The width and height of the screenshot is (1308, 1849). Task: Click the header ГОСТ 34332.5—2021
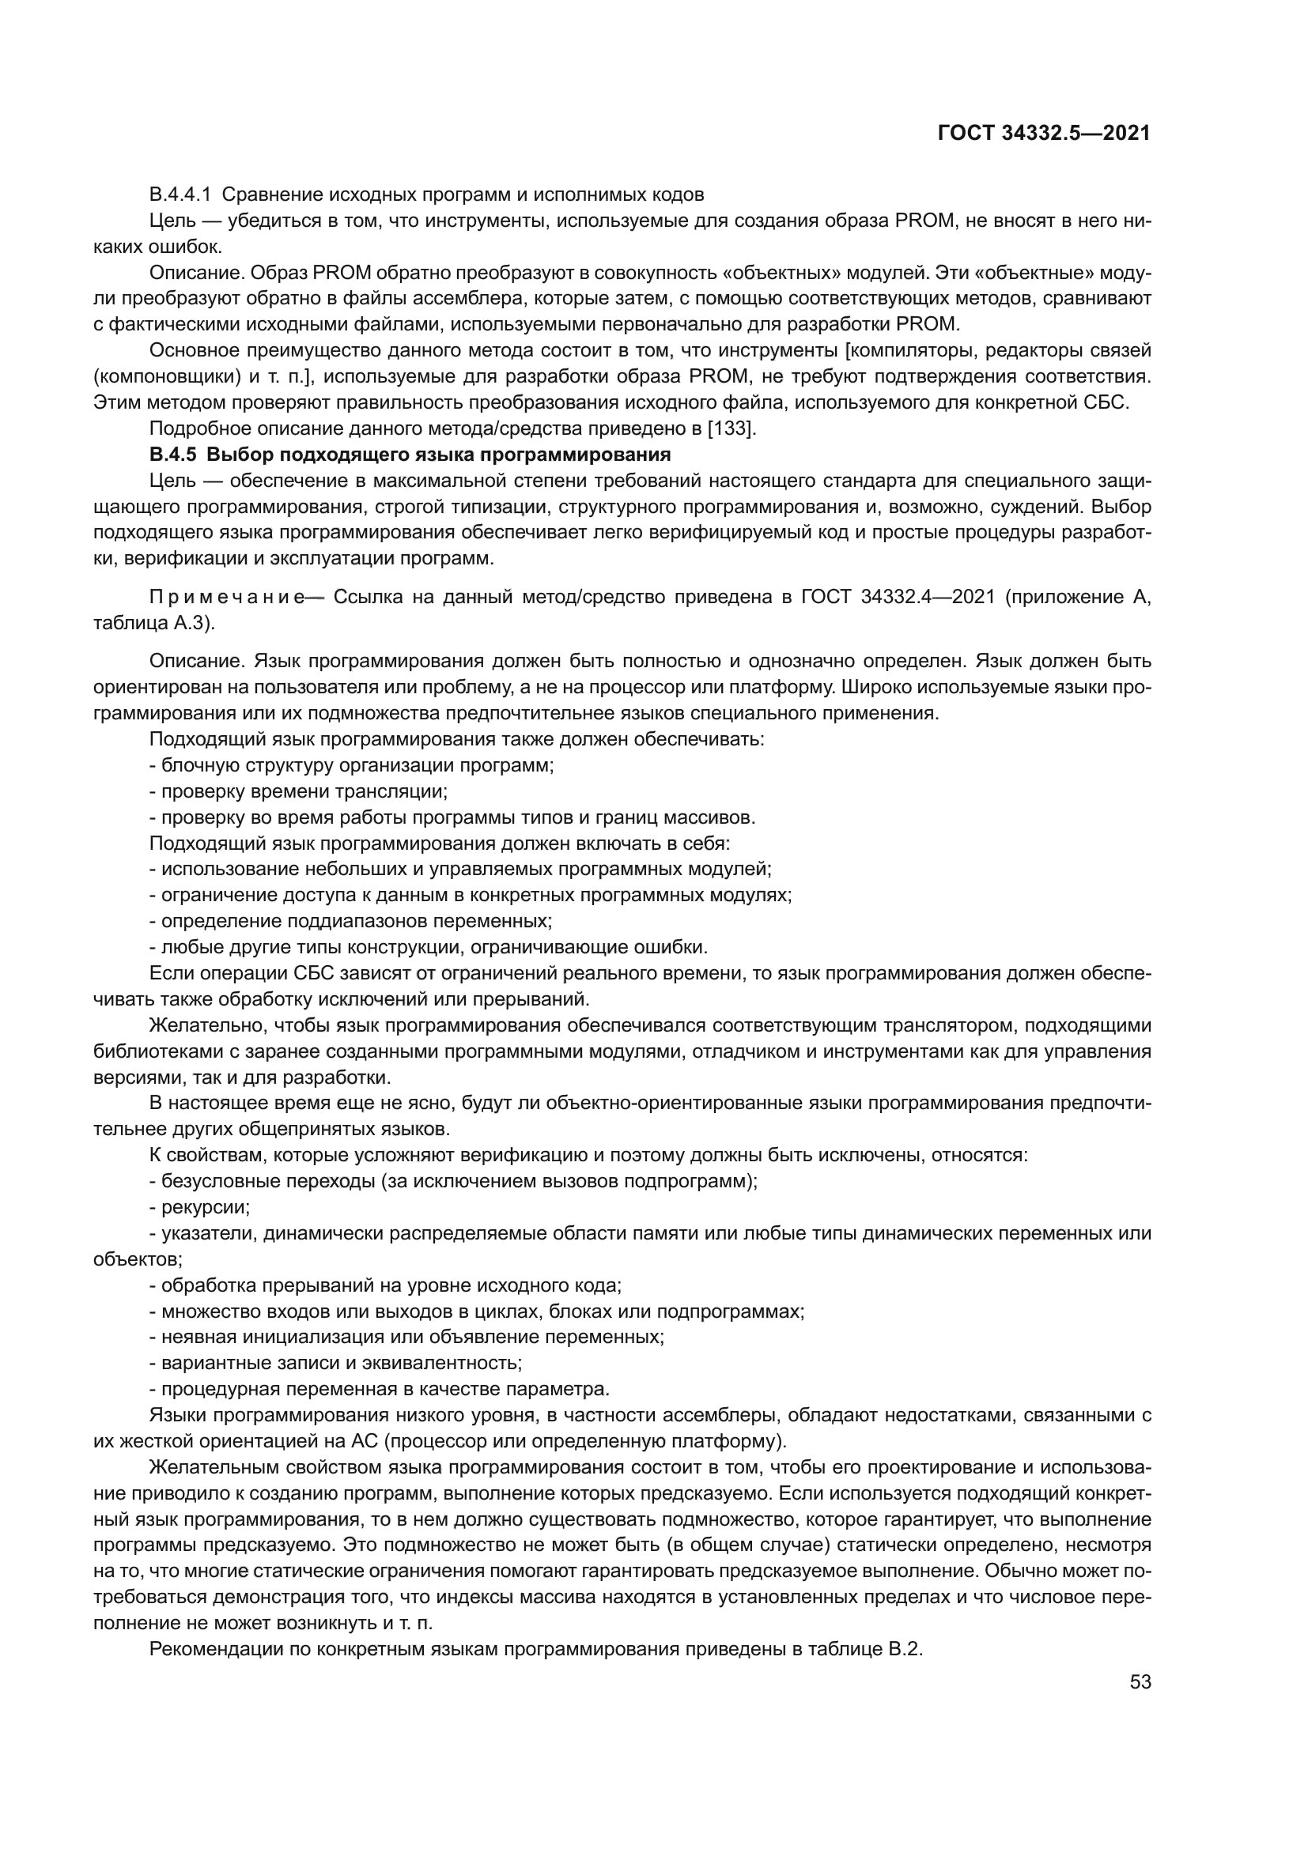pos(1044,134)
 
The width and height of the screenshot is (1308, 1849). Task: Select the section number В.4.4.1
pos(180,195)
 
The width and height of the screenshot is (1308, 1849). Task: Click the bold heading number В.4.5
pos(172,455)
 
